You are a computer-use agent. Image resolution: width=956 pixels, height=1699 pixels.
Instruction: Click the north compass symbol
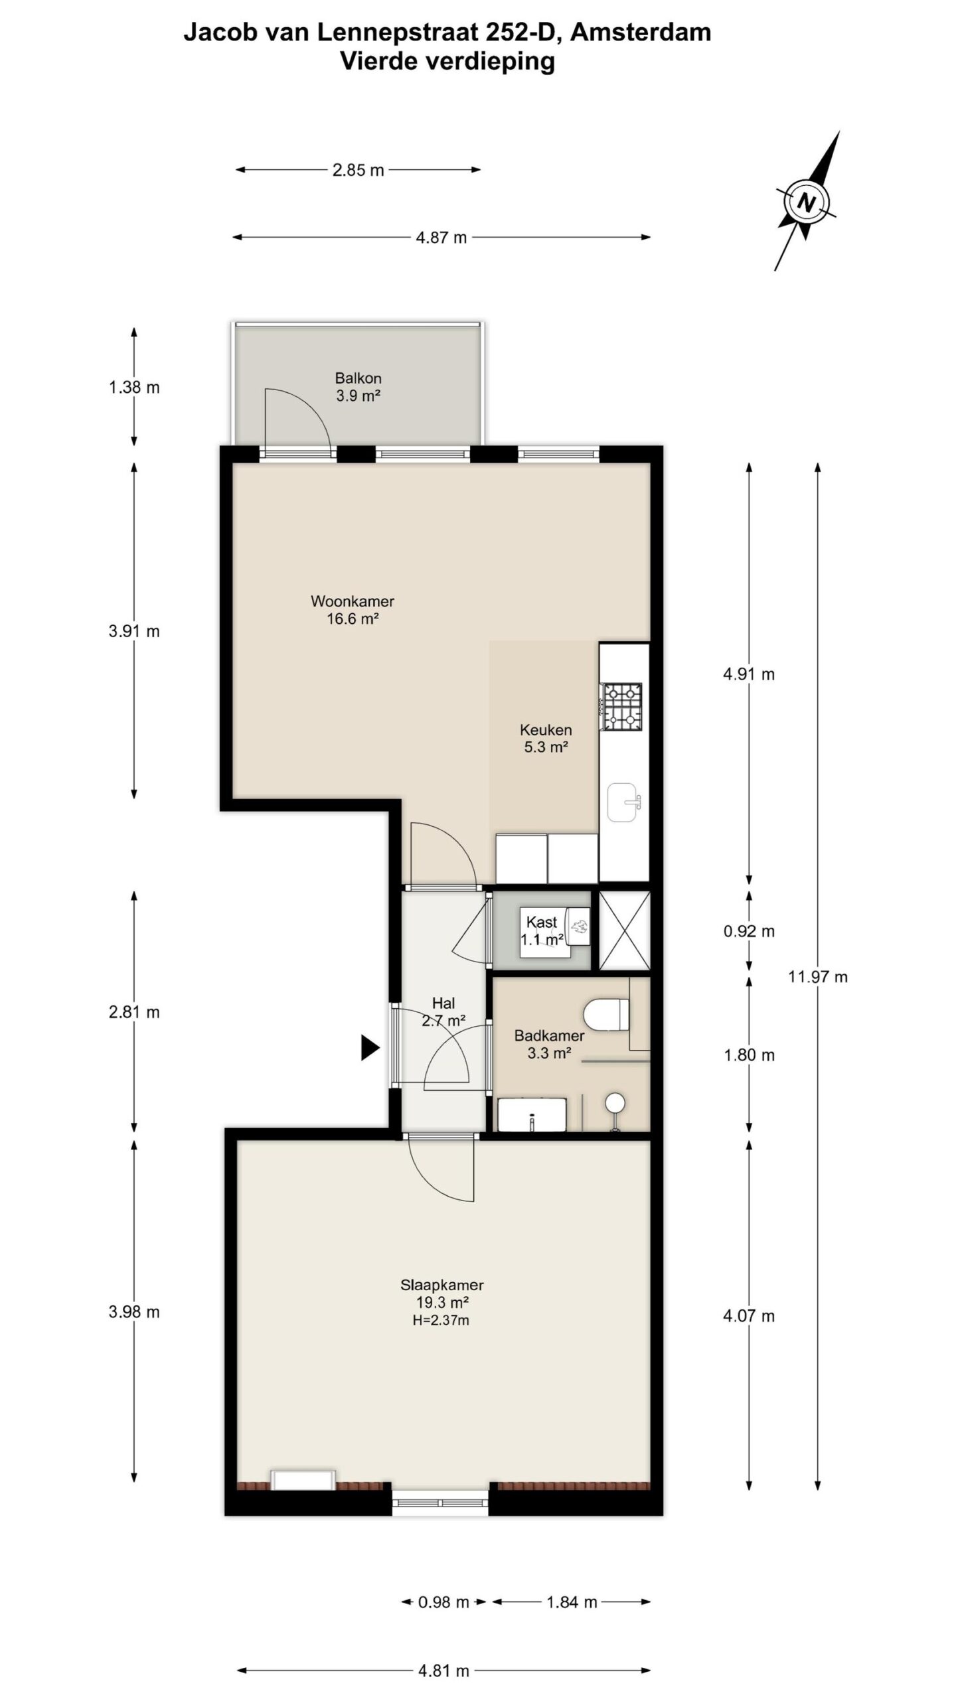coord(806,202)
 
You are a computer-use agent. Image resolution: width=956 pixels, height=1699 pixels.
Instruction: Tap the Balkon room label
coord(358,378)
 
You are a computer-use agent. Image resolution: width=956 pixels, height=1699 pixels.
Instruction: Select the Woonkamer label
coord(353,601)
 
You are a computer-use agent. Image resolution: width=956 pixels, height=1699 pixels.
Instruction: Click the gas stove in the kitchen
coord(621,706)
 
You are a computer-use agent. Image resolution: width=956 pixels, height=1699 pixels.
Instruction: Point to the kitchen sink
coord(623,802)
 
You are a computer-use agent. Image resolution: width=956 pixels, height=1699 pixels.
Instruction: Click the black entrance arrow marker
coord(370,1048)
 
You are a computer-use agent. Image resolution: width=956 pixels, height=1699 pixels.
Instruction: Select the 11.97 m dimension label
coord(818,976)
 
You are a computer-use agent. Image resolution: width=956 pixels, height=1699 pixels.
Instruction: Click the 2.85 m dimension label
coord(358,170)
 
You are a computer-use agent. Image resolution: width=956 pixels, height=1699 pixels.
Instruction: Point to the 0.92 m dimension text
coord(749,931)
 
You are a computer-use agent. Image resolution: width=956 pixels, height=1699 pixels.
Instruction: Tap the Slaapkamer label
coord(441,1284)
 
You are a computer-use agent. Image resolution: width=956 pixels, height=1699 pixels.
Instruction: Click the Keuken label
coord(546,729)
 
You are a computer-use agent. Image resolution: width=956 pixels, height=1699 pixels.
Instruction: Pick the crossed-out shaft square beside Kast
coord(624,930)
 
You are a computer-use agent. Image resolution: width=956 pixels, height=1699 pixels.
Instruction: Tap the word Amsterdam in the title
coord(641,32)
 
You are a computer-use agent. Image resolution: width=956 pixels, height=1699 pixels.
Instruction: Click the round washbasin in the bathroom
coord(615,1102)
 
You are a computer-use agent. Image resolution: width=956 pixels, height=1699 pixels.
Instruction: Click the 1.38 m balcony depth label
coord(134,387)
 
